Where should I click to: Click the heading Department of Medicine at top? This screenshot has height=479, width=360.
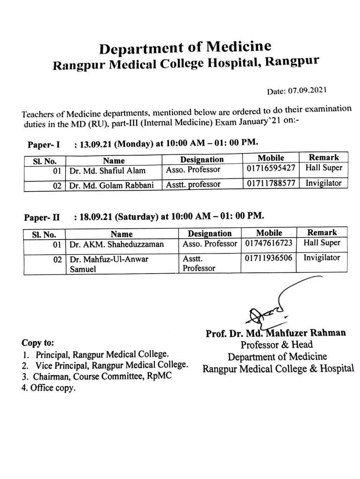(185, 48)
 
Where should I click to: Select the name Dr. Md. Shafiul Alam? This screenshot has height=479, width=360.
(107, 171)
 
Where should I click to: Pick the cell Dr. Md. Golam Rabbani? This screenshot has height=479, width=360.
(110, 185)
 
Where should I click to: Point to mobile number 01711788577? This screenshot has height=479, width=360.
(271, 183)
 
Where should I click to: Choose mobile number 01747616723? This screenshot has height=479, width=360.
(268, 243)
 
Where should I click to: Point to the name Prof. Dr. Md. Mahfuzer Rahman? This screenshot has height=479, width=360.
(276, 333)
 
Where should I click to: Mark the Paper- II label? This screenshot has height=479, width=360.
(42, 218)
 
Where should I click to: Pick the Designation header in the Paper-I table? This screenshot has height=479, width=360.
(202, 160)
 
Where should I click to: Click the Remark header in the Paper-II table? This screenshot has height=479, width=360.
(322, 232)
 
